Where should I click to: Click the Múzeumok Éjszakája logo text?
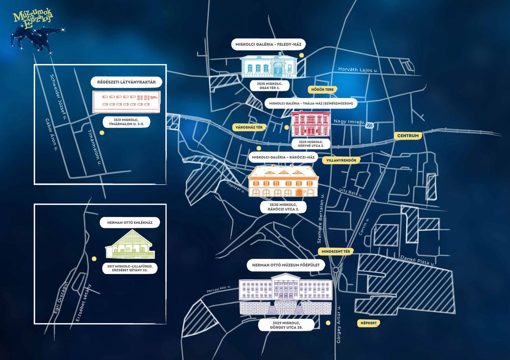coord(33,19)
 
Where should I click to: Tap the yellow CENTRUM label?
coord(408,136)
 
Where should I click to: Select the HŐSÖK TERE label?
coord(322,89)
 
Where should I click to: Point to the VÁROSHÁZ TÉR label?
coord(249,127)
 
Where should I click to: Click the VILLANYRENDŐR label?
coord(341,160)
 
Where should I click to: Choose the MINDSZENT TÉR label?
coord(335,251)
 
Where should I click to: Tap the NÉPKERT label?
coord(368,323)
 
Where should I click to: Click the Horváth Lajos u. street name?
coord(358,70)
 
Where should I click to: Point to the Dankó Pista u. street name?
coord(417,260)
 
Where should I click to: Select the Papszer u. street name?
coord(235,187)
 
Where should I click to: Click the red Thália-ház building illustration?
coord(311,124)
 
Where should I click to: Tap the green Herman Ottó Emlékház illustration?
coord(130,244)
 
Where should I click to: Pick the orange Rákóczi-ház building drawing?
coord(283,181)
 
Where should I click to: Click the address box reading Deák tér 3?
coord(270,86)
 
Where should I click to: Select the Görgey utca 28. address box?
coord(286,325)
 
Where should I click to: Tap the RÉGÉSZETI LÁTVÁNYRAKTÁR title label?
coord(126,82)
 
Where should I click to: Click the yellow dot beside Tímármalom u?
coord(102,133)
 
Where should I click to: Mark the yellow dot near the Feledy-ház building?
coord(301,55)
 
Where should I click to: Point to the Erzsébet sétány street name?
coord(83,303)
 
